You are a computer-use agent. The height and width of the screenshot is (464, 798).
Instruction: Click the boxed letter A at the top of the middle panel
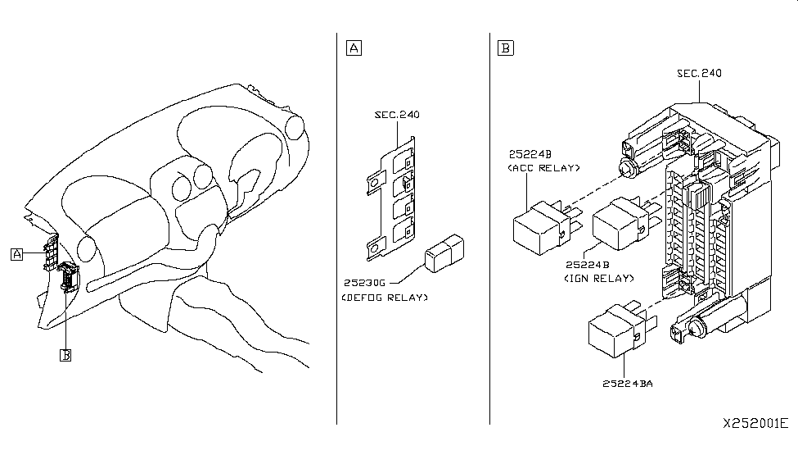(354, 48)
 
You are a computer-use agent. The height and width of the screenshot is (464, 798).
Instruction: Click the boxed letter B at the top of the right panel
(505, 48)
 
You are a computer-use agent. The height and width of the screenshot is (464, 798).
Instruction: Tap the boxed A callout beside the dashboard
(17, 254)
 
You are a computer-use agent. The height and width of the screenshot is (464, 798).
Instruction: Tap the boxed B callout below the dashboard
(65, 355)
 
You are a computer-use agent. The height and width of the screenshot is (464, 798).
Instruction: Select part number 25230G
(364, 283)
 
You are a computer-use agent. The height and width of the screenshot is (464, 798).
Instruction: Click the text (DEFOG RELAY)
(385, 298)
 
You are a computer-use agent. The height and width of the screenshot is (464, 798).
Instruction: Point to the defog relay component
(444, 253)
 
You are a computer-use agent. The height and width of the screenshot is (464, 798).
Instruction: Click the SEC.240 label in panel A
(397, 115)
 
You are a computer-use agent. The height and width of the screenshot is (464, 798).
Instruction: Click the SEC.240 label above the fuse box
(699, 74)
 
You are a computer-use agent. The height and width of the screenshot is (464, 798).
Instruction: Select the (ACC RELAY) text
(543, 168)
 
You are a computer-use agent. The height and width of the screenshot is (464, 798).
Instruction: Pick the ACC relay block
(547, 227)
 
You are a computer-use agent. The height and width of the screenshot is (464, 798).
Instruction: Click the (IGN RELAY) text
(599, 279)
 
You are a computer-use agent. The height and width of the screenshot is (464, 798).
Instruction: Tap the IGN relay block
(626, 223)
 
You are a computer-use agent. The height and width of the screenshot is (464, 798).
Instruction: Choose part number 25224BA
(628, 384)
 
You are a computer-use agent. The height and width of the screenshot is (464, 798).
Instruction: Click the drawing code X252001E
(755, 423)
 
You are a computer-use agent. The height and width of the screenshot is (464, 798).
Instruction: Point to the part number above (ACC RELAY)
(530, 154)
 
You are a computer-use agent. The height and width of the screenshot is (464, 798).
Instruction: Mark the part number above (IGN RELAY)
(588, 265)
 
